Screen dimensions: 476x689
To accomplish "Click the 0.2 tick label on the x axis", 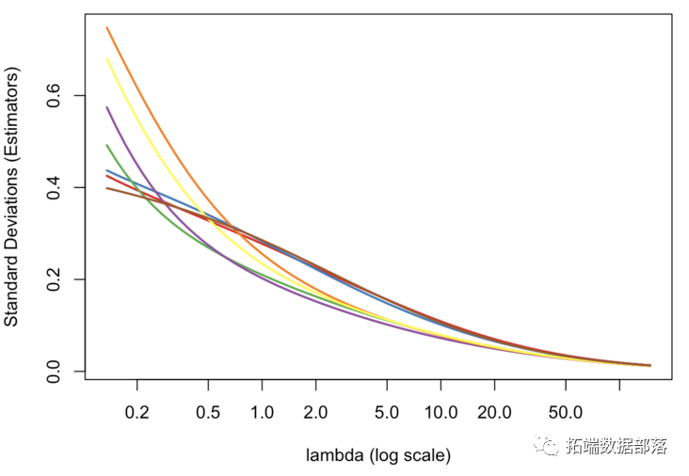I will (x=137, y=412).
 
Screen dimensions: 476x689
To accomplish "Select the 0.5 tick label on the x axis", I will (x=209, y=412).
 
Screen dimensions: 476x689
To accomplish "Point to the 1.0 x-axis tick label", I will (x=263, y=412).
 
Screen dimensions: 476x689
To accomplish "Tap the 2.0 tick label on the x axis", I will (x=316, y=412).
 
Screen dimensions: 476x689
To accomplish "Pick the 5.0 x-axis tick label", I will (x=387, y=412).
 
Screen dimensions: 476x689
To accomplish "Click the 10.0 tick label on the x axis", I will (x=441, y=412).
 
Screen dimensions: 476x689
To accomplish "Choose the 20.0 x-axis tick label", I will (x=494, y=412).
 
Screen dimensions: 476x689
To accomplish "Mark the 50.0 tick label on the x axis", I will (x=565, y=412).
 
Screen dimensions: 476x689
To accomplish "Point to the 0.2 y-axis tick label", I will (x=54, y=280).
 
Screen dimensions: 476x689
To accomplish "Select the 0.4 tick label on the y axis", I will (x=54, y=188).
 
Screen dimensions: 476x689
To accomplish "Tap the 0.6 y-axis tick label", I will (x=54, y=97).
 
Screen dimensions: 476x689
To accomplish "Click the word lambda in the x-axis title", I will (x=334, y=455).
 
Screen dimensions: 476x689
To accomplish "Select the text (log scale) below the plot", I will (x=409, y=455).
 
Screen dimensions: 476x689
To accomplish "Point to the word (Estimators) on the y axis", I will (x=11, y=114).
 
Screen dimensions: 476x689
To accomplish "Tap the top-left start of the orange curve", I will (x=107, y=27).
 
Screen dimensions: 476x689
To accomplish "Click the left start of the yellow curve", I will (x=107, y=58).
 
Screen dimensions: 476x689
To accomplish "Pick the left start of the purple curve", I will (x=107, y=107).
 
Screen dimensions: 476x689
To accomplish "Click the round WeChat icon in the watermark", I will (x=548, y=446).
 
